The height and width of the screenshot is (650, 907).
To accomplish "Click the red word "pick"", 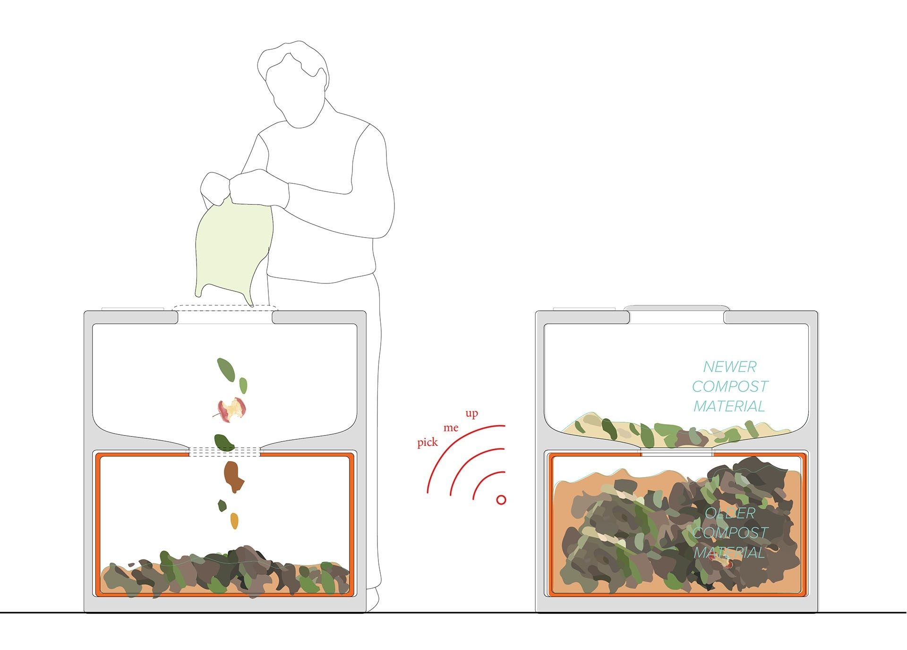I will point(428,443).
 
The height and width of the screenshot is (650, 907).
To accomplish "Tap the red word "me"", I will point(451,428).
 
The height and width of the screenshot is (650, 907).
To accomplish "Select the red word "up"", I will point(471,413).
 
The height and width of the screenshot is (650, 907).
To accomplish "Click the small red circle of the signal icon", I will point(501,499).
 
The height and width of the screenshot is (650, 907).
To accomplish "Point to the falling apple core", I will point(232,409).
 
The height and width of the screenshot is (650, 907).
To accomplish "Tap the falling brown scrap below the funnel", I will point(233,477).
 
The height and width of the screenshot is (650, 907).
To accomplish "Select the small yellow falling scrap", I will point(234,521).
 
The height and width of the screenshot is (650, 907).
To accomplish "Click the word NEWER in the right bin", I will point(729,367).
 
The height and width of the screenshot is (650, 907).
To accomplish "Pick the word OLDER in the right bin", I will point(730,513).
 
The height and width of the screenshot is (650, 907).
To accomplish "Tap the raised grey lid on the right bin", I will point(676,308).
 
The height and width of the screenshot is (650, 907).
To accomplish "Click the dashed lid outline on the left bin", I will point(225,308).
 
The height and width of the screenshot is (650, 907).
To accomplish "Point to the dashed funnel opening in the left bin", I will point(225,452).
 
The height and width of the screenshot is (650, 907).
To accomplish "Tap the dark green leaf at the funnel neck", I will point(224,442).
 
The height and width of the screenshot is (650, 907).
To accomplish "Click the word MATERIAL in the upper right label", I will point(729,406).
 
